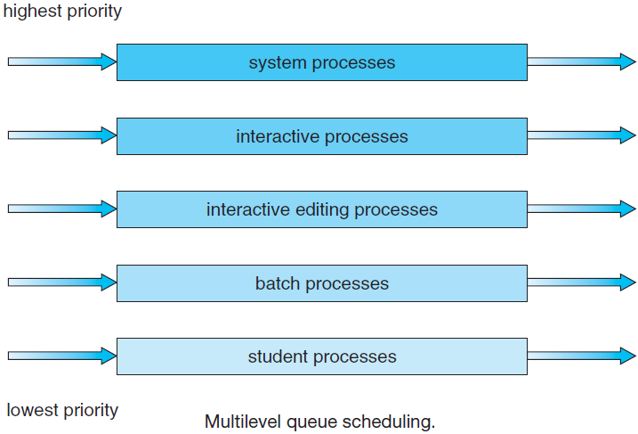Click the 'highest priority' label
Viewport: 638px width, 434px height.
[x=62, y=12]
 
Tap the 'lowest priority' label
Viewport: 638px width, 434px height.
[x=62, y=410]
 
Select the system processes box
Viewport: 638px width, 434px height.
[x=322, y=62]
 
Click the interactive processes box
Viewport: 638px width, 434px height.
[x=322, y=136]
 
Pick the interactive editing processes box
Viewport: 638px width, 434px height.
[x=322, y=209]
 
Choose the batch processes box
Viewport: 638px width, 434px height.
[x=322, y=283]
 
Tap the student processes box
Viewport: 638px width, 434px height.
[x=322, y=356]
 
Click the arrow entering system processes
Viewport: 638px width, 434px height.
[x=62, y=62]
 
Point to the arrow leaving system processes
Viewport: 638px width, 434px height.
[x=581, y=62]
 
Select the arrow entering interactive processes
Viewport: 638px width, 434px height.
[x=62, y=135]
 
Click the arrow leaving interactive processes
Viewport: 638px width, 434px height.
[x=581, y=135]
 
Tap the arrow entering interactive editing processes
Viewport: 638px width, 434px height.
[x=62, y=209]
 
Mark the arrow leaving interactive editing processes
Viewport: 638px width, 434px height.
[x=581, y=209]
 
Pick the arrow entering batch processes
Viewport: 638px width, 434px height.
[x=62, y=283]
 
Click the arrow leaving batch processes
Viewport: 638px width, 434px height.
[x=581, y=283]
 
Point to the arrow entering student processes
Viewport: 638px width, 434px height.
[x=62, y=356]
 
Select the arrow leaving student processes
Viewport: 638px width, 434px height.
[x=581, y=356]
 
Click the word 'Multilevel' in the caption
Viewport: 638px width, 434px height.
[x=243, y=422]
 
